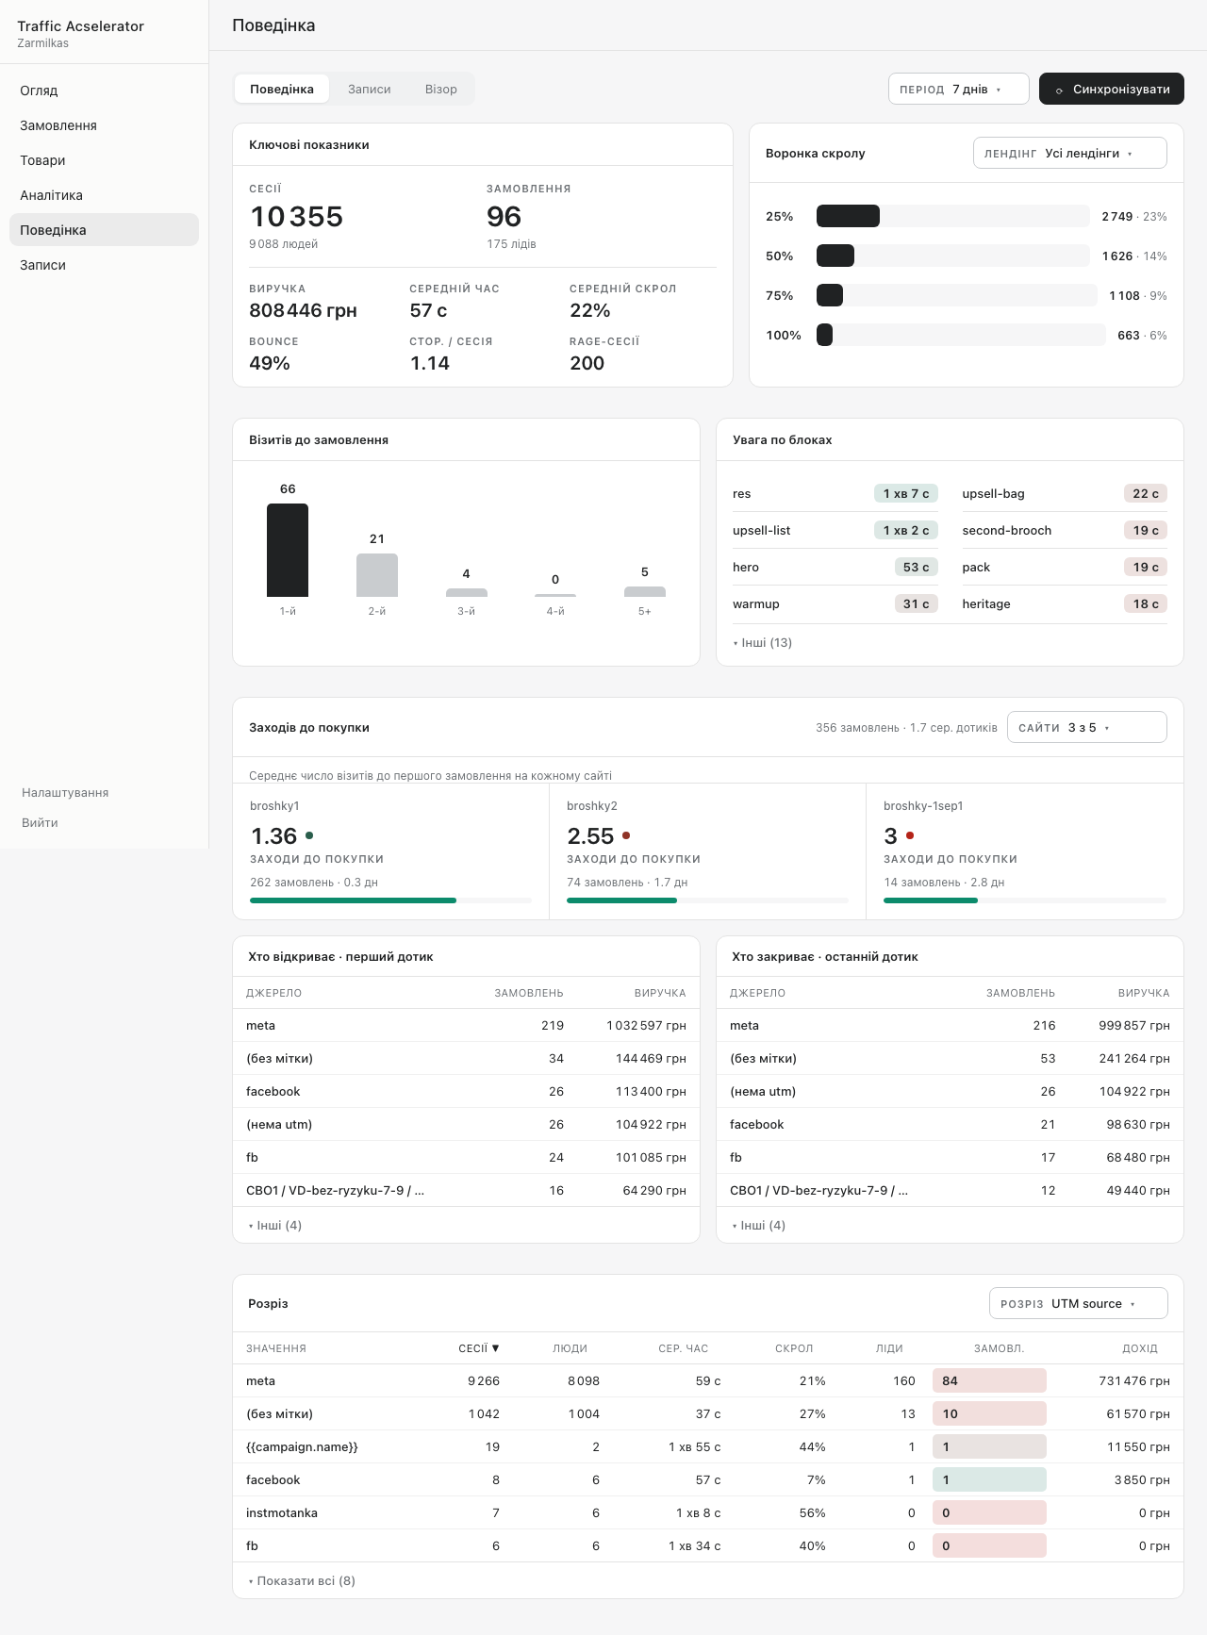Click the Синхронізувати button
click(x=1111, y=89)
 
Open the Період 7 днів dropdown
click(x=958, y=89)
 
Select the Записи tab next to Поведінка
click(x=369, y=89)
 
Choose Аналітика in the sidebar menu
click(x=52, y=195)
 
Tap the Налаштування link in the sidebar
click(x=65, y=793)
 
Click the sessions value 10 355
click(x=296, y=217)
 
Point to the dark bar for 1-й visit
click(x=288, y=550)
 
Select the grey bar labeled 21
click(x=377, y=575)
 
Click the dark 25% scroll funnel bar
click(x=848, y=216)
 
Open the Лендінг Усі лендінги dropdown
click(x=1069, y=153)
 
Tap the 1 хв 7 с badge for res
click(x=906, y=493)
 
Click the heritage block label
click(x=986, y=603)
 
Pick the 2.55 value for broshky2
click(x=590, y=836)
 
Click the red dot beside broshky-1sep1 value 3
click(x=910, y=835)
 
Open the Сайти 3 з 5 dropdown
click(x=1086, y=727)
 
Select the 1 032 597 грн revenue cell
click(x=646, y=1025)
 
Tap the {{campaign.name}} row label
click(x=302, y=1446)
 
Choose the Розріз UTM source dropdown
click(x=1078, y=1303)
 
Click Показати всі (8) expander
click(x=302, y=1580)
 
